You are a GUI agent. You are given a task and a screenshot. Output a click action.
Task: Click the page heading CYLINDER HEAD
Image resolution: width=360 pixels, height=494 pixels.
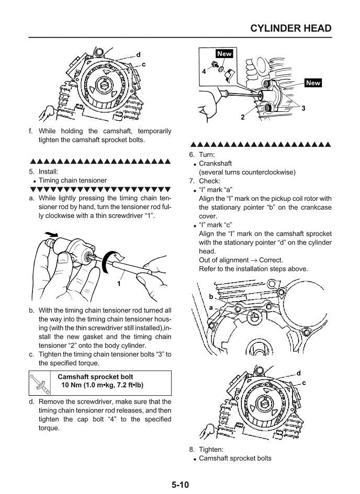291,28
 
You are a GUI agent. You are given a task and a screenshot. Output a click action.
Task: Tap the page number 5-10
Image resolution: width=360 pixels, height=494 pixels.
180,485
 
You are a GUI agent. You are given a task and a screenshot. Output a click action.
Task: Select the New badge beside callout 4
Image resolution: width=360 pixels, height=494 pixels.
223,54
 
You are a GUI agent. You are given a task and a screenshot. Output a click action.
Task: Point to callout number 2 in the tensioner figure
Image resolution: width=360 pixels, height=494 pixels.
243,118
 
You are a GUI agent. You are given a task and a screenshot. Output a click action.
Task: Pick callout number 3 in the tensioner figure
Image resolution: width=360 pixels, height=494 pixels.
303,107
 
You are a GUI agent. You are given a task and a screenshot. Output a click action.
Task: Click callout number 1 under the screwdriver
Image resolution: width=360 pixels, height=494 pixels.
119,284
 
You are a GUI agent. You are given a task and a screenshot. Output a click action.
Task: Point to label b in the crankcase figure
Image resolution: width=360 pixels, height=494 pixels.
211,296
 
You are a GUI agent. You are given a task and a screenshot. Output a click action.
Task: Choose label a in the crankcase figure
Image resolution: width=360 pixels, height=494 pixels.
211,308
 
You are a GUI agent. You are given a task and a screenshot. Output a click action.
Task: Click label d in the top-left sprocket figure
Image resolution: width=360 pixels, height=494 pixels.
138,54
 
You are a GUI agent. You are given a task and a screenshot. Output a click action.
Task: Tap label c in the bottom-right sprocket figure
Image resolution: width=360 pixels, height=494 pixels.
304,383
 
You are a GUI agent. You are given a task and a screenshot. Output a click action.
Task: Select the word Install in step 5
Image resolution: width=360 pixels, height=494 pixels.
49,171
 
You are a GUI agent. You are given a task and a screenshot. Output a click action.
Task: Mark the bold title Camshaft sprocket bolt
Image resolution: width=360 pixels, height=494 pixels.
95,376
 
